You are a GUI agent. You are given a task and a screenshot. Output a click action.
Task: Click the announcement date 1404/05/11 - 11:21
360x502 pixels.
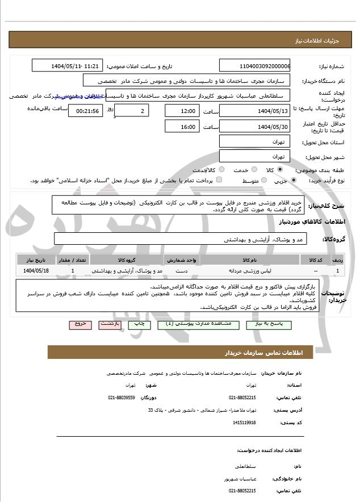point(76,66)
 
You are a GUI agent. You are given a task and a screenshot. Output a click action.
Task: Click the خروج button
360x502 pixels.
point(80,324)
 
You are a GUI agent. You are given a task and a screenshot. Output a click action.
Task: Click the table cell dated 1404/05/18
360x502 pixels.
point(36,270)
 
